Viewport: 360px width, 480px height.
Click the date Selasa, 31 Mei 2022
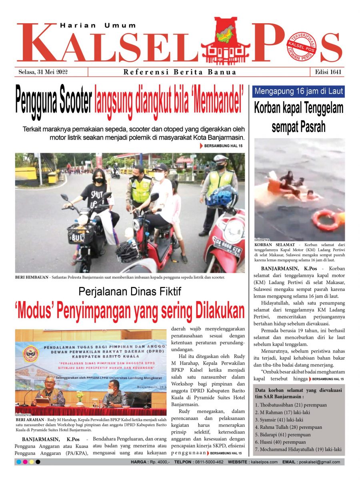pyautogui.click(x=43, y=72)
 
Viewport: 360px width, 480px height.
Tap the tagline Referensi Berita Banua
pyautogui.click(x=180, y=72)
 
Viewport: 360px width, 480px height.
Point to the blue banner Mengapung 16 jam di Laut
pyautogui.click(x=298, y=92)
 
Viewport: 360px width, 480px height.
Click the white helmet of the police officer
pyautogui.click(x=220, y=158)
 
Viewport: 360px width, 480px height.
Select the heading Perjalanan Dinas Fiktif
pyautogui.click(x=130, y=292)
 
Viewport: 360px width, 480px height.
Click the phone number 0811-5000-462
pyautogui.click(x=206, y=462)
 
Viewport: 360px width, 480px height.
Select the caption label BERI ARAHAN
pyautogui.click(x=28, y=419)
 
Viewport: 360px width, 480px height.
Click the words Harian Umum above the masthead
pyautogui.click(x=98, y=25)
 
